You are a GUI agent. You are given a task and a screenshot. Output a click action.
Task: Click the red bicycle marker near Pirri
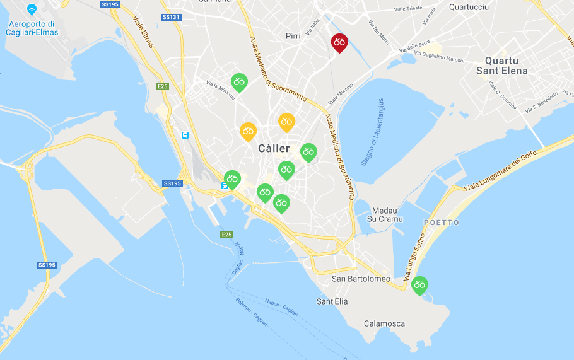[339, 43]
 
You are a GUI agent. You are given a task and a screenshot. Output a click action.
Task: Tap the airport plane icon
[32, 10]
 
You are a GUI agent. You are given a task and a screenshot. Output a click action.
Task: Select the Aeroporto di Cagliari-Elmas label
[32, 28]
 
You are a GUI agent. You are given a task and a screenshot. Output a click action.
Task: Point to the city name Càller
[274, 149]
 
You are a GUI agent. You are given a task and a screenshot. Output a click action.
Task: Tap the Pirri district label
[293, 36]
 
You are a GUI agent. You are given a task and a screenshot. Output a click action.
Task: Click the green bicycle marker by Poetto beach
[419, 286]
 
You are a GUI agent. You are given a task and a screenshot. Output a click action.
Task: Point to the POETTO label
[442, 223]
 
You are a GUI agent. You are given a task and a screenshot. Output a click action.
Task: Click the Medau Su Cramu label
[385, 215]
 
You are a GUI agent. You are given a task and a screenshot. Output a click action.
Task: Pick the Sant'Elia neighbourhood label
[332, 301]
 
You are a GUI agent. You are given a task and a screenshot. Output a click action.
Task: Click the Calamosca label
[384, 323]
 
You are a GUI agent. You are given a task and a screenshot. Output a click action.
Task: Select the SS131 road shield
[171, 18]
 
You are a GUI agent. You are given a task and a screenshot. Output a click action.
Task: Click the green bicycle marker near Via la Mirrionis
[238, 82]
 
